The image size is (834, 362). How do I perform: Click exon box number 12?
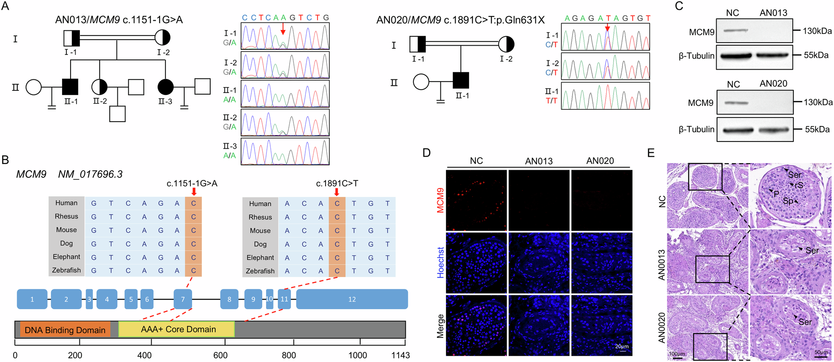(352, 299)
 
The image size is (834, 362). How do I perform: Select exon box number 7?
(183, 299)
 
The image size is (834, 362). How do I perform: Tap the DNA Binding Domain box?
(65, 330)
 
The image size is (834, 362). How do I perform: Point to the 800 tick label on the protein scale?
(289, 355)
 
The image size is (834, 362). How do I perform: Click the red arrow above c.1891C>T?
(337, 192)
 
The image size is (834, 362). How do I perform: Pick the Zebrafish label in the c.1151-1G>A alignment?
(66, 270)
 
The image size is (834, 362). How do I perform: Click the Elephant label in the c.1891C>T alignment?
(260, 258)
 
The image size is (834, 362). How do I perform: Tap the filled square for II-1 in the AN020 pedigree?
(461, 81)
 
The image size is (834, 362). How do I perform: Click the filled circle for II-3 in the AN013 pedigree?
(166, 87)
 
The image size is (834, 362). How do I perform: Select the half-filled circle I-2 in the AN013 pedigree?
(162, 38)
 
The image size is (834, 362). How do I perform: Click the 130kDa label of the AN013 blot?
(817, 31)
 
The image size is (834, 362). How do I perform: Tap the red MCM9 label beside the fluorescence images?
(440, 200)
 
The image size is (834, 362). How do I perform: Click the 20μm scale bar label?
(622, 346)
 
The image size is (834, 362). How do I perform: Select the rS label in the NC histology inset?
(799, 185)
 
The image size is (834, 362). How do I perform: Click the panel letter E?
(651, 152)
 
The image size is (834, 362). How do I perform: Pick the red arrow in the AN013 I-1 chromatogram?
(283, 28)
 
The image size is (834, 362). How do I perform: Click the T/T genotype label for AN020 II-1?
(551, 101)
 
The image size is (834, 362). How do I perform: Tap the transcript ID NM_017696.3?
(90, 174)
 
